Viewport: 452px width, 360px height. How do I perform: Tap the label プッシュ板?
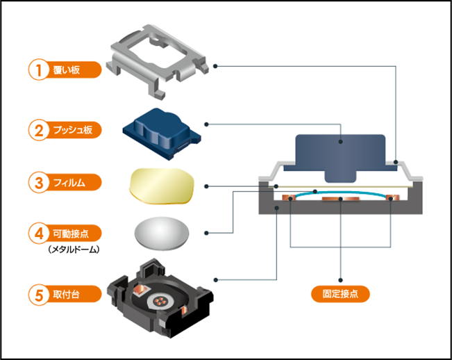point(76,129)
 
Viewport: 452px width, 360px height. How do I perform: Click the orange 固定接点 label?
point(340,293)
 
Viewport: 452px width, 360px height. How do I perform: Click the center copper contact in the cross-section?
point(340,201)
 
